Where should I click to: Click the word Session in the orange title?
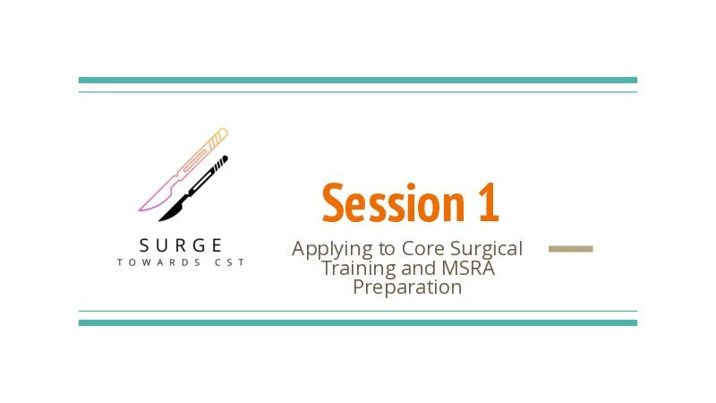393,203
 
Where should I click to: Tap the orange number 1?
489,202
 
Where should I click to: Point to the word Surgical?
486,250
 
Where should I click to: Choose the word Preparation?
407,287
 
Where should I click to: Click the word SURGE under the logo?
181,245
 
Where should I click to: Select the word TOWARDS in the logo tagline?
159,262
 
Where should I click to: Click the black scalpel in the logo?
193,189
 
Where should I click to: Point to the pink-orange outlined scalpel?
183,170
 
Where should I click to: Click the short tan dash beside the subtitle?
571,249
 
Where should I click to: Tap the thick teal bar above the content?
358,81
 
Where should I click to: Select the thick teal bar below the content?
358,323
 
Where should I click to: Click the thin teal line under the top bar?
358,92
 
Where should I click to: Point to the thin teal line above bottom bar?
358,311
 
